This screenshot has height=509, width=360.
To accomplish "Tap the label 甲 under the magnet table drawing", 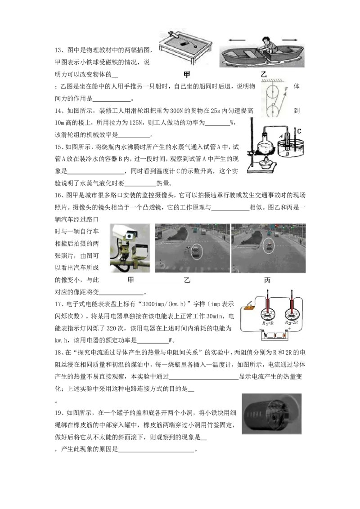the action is click(x=187, y=75).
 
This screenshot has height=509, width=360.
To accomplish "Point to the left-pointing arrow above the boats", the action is click(x=237, y=40).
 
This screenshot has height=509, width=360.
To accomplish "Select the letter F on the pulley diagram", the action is click(x=286, y=89).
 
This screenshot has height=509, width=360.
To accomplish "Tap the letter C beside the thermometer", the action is click(x=299, y=131).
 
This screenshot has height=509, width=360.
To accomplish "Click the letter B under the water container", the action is click(x=287, y=154).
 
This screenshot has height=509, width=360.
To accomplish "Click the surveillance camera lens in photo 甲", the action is click(x=130, y=236).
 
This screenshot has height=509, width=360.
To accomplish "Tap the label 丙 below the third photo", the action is click(x=267, y=280).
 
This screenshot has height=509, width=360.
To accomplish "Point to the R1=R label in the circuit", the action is click(x=268, y=323).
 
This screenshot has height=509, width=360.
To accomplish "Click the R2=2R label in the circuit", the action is click(x=292, y=323).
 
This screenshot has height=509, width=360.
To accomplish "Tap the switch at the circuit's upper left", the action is click(x=248, y=306).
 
